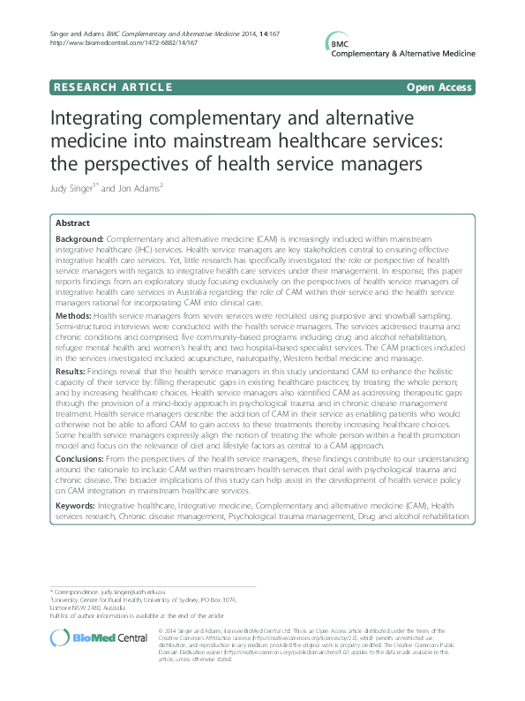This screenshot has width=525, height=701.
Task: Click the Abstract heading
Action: pos(73,223)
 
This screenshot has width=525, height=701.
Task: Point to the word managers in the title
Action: pos(386,164)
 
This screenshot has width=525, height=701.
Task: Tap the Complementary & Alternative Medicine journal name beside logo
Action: pos(402,54)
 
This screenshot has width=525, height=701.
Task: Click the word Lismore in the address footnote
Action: pos(64,608)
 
